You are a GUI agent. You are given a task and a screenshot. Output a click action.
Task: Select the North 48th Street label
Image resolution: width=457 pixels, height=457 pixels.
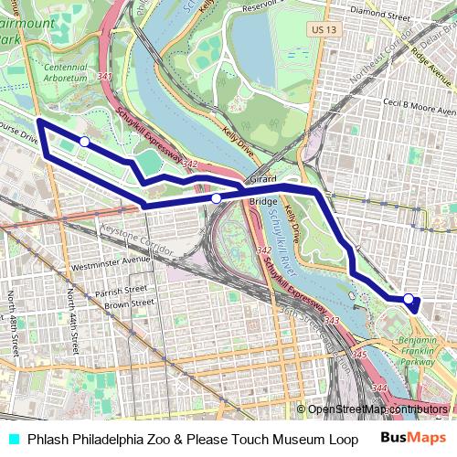(x=12, y=324)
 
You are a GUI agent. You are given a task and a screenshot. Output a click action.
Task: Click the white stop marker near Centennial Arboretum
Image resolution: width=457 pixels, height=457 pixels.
(x=84, y=142)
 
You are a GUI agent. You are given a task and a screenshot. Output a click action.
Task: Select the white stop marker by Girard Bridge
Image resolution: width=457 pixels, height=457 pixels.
(x=216, y=197)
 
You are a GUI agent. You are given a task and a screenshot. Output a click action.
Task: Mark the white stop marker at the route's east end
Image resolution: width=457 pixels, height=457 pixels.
(x=409, y=298)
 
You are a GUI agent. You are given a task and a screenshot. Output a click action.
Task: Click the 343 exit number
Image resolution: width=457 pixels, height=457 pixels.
(x=331, y=320)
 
